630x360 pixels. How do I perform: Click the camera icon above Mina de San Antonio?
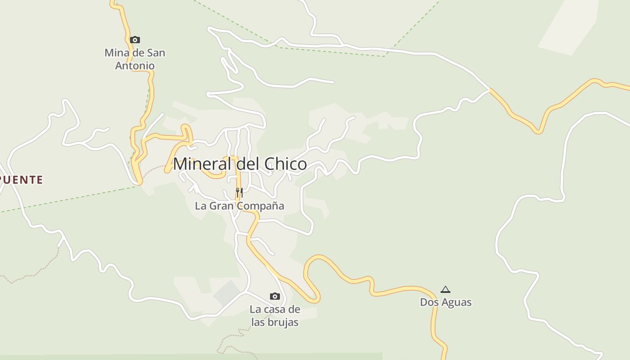(x=135, y=40)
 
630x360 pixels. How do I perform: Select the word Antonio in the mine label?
(x=135, y=66)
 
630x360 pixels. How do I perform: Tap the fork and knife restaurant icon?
(x=239, y=193)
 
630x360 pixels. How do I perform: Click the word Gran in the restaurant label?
(x=220, y=206)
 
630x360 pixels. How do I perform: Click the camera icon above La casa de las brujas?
(x=274, y=296)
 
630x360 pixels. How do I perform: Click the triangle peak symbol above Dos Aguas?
(x=445, y=289)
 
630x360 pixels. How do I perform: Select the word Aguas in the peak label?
(x=457, y=302)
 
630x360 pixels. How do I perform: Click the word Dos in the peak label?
(x=429, y=302)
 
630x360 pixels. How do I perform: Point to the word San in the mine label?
(x=156, y=53)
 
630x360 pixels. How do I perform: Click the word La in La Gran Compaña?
(x=200, y=206)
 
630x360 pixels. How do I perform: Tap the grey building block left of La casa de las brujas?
(x=227, y=292)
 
